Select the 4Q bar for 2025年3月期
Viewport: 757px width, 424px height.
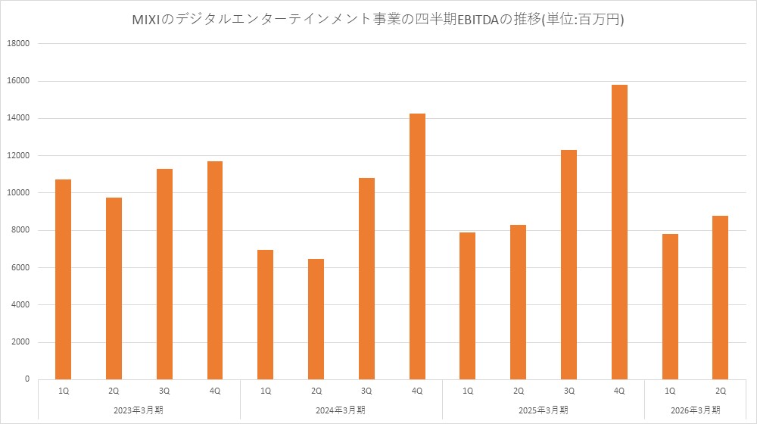pyautogui.click(x=619, y=232)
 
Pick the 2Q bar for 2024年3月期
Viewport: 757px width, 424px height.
pyautogui.click(x=316, y=319)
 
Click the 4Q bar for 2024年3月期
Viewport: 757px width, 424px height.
pyautogui.click(x=417, y=246)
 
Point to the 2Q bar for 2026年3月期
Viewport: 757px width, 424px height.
pyautogui.click(x=720, y=297)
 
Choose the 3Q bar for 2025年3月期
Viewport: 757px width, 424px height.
pyautogui.click(x=569, y=264)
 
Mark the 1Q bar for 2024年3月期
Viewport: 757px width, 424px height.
pyautogui.click(x=265, y=314)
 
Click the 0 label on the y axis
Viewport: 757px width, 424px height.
pyautogui.click(x=26, y=379)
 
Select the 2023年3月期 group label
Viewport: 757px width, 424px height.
pyautogui.click(x=139, y=410)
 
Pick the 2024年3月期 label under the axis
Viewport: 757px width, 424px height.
pyautogui.click(x=341, y=410)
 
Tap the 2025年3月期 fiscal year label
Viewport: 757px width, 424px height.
pyautogui.click(x=544, y=410)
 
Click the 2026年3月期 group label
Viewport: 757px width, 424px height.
pyautogui.click(x=695, y=410)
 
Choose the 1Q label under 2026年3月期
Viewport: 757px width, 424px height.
pyautogui.click(x=669, y=391)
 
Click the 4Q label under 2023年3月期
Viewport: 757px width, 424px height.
pyautogui.click(x=214, y=391)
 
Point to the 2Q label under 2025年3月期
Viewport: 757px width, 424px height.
pyautogui.click(x=518, y=391)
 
